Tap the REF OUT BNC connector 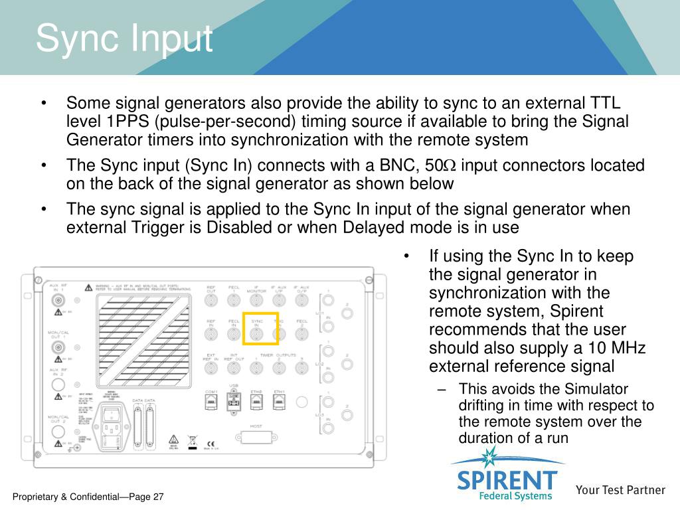click(x=211, y=299)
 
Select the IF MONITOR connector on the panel click(x=257, y=299)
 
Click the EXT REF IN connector click(x=211, y=370)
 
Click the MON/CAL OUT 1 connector click(x=58, y=347)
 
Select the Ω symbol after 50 click(x=449, y=165)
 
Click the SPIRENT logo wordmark click(x=507, y=479)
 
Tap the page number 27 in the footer click(x=157, y=497)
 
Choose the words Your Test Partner click(x=620, y=490)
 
